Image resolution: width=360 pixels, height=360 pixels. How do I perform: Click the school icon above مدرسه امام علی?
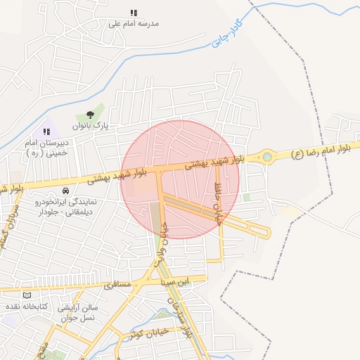134,13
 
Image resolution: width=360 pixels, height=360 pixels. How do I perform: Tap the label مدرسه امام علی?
134,23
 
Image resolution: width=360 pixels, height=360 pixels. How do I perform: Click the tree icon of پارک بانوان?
90,115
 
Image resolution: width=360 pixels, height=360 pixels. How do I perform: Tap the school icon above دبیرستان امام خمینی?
47,131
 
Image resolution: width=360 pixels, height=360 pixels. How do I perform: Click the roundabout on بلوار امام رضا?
266,157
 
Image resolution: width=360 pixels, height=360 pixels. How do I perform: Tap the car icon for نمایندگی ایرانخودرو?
65,191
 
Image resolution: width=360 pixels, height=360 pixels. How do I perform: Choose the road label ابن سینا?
175,282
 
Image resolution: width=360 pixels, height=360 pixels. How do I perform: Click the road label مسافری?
118,285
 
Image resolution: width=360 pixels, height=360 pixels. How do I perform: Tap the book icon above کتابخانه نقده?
27,295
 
